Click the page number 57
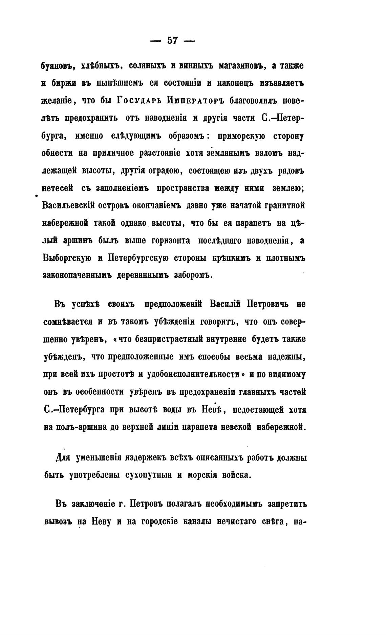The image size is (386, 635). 172,41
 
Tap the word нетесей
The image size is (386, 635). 57,188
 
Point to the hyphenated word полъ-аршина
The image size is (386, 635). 75,427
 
